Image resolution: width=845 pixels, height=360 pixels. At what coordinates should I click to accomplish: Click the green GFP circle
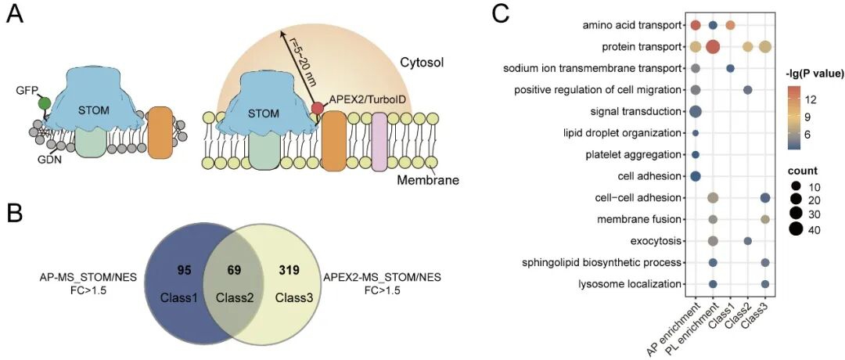click(45, 103)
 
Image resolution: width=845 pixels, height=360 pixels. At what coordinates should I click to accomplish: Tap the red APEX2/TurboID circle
click(318, 108)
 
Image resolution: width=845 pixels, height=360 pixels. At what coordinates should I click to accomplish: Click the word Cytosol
click(422, 63)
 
